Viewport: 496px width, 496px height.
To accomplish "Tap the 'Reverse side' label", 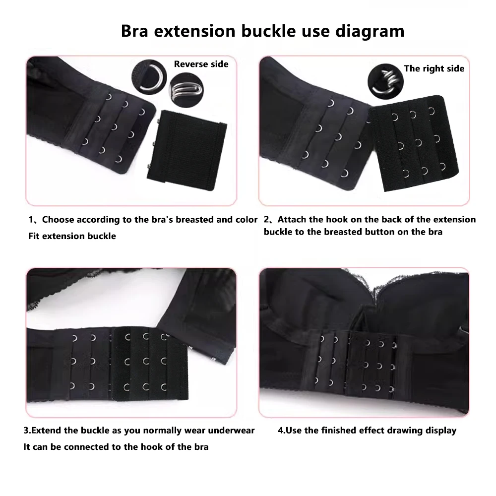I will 201,64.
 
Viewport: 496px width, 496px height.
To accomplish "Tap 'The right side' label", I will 434,68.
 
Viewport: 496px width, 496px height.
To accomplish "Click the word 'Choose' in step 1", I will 61,220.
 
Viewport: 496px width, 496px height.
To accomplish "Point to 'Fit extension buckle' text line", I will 72,236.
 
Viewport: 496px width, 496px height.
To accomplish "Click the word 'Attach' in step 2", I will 297,220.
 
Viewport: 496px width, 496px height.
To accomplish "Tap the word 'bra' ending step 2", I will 434,232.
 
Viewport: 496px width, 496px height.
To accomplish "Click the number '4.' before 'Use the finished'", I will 282,431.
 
